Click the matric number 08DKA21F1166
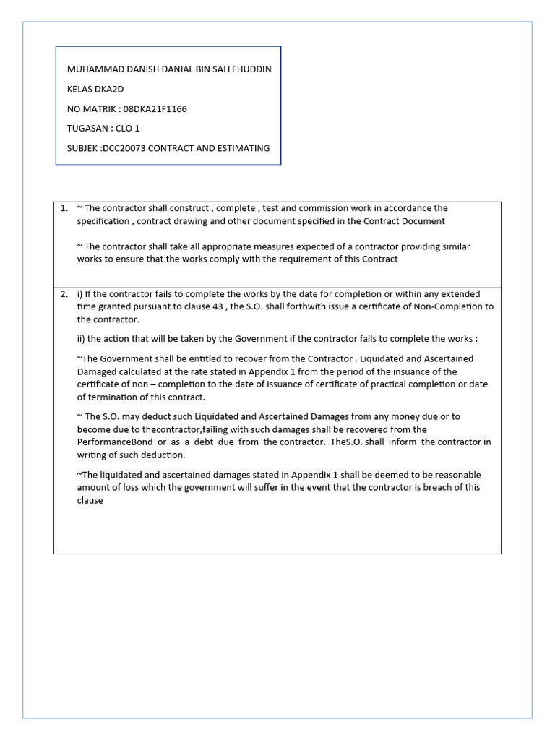(155, 109)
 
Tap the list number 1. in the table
(64, 208)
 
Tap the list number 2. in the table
(64, 294)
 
